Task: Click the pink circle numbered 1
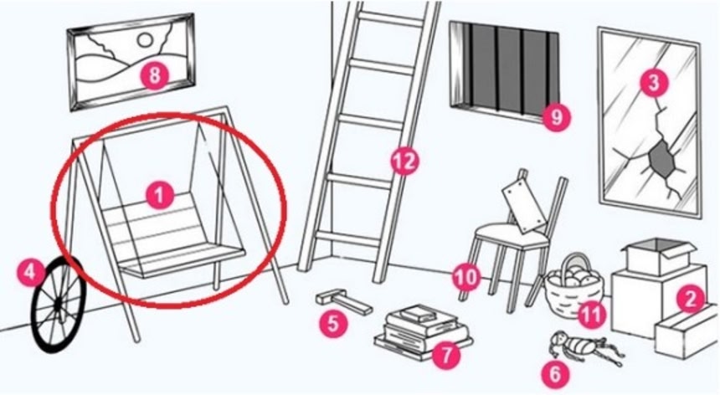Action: pos(159,196)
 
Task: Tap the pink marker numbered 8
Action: pos(154,74)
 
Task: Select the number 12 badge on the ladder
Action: pos(404,161)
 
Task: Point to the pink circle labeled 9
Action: pos(556,117)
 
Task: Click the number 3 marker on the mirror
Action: pos(653,83)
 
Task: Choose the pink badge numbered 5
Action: pos(333,323)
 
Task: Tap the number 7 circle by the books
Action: pos(446,353)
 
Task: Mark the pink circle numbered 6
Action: pos(555,374)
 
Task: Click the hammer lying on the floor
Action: pos(343,302)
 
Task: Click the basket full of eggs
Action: pos(573,285)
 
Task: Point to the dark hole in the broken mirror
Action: pos(662,159)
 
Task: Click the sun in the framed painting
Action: pos(146,40)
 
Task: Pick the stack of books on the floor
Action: pos(423,331)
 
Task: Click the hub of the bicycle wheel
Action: pos(59,305)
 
